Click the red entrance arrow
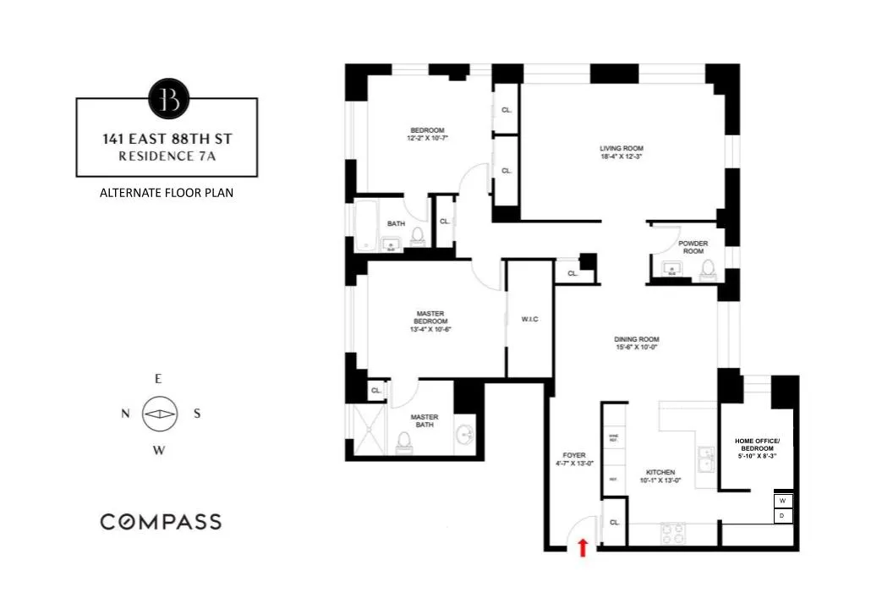pyautogui.click(x=582, y=547)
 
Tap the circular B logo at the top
pyautogui.click(x=167, y=98)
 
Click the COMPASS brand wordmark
pyautogui.click(x=161, y=521)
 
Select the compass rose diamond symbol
pyautogui.click(x=159, y=414)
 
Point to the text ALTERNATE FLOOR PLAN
pyautogui.click(x=167, y=193)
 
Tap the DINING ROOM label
pyautogui.click(x=636, y=340)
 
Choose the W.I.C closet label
pyautogui.click(x=530, y=319)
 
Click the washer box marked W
pyautogui.click(x=782, y=501)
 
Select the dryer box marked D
pyautogui.click(x=782, y=515)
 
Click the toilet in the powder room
pyautogui.click(x=708, y=268)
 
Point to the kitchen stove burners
pyautogui.click(x=673, y=533)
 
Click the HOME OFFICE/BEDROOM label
pyautogui.click(x=756, y=445)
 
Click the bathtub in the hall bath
pyautogui.click(x=367, y=226)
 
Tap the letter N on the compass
pyautogui.click(x=125, y=414)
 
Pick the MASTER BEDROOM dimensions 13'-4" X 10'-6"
pyautogui.click(x=430, y=330)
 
